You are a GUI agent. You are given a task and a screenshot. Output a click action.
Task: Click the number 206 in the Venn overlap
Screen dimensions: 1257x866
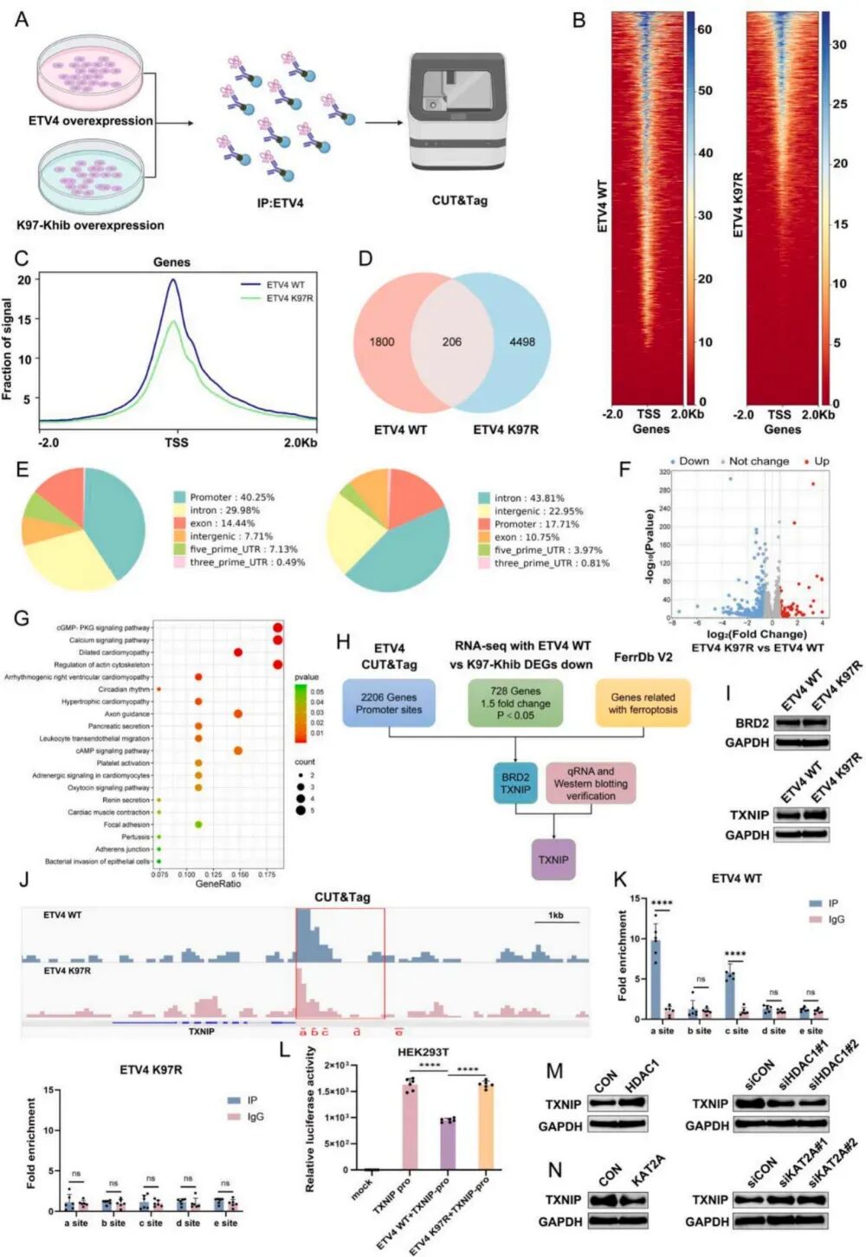[451, 342]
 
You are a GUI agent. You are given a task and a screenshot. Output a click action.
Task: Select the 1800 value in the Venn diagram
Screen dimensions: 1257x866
[382, 342]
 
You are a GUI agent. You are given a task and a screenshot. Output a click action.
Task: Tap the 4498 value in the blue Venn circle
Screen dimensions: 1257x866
[521, 342]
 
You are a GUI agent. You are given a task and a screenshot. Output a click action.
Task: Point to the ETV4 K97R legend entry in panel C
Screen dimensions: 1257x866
[289, 299]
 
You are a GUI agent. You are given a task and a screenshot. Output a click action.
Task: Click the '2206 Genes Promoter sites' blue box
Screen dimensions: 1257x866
[389, 703]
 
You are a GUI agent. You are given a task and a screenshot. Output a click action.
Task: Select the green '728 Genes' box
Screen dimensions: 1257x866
[515, 703]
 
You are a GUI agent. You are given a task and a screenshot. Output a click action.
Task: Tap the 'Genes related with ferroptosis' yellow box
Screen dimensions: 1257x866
[643, 703]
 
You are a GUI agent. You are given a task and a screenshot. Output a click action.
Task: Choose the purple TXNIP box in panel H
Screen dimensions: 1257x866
[553, 859]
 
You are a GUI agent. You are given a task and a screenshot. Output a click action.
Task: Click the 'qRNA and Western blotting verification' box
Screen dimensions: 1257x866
[591, 783]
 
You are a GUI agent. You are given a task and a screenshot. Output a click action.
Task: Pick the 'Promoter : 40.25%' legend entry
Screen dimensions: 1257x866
[231, 497]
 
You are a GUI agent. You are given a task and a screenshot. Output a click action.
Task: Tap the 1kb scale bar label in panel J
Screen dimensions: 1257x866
[556, 915]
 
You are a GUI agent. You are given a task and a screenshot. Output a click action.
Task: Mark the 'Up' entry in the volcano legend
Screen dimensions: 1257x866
[820, 461]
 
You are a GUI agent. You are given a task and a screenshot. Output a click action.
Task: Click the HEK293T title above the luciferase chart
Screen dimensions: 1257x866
[423, 1053]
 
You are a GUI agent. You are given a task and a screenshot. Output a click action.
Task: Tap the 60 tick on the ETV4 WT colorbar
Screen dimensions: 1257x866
[704, 29]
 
